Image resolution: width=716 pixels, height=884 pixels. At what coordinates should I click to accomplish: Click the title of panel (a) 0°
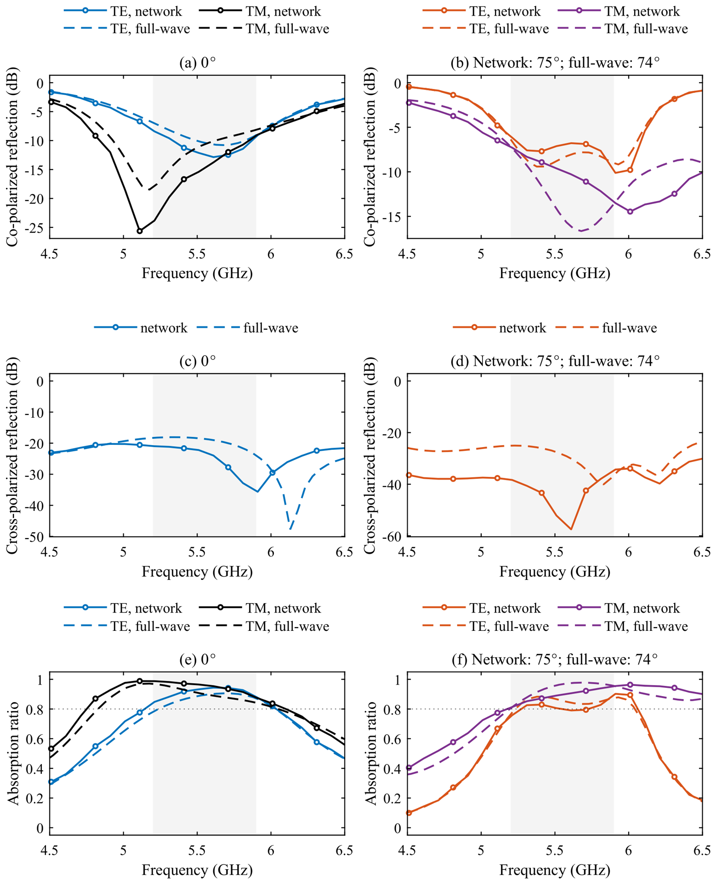pos(197,62)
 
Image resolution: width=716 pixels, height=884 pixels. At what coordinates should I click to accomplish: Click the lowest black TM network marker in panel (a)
pos(140,231)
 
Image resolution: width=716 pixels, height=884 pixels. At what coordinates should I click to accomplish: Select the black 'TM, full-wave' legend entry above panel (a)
pos(265,29)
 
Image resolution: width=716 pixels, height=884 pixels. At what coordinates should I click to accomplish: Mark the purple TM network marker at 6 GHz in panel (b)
pos(630,211)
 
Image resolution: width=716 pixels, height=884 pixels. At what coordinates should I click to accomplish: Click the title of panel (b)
pos(555,62)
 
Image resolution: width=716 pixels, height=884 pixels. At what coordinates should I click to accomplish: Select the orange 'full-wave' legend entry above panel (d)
pos(606,328)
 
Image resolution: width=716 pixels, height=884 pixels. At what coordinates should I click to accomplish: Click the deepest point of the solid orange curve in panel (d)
pos(571,529)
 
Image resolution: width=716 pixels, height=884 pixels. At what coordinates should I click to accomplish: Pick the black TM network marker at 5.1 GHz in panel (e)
pos(140,681)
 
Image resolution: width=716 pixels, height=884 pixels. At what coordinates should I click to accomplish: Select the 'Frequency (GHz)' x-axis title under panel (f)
pos(555,870)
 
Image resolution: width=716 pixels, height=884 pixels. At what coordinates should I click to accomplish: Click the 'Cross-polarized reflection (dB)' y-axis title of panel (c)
pos(14,455)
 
